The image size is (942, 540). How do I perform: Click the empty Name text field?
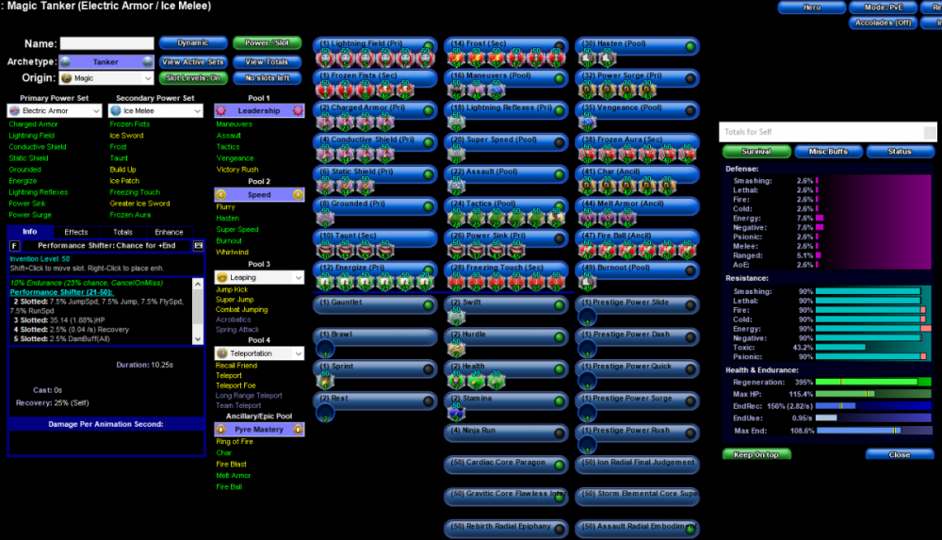pos(106,43)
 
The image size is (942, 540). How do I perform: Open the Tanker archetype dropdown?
pos(106,62)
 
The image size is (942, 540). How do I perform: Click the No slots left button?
pos(267,78)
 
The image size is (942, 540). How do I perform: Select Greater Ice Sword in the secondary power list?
pos(139,204)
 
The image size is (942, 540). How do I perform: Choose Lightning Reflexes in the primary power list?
pos(39,192)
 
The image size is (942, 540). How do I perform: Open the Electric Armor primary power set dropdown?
pos(55,111)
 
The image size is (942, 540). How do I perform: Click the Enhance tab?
pos(169,232)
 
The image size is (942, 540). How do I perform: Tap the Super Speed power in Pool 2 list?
pos(236,230)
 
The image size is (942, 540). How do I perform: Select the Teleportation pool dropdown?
pos(259,352)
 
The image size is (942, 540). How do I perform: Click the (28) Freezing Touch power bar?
pos(505,269)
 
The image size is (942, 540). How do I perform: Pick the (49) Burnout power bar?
pos(638,269)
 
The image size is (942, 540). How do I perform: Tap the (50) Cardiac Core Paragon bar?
pos(505,463)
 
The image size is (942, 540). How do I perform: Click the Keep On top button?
pos(756,454)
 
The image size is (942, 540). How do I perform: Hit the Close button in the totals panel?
pos(900,454)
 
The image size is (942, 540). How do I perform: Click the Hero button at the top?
pos(811,8)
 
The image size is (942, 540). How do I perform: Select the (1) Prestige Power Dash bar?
pos(638,335)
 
